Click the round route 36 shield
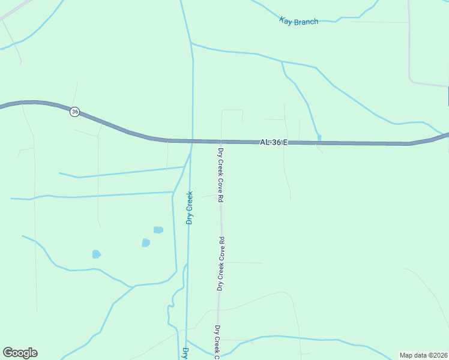pos(74,112)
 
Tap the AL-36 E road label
pos(274,143)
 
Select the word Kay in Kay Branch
pos(286,20)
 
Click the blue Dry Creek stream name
pos(190,208)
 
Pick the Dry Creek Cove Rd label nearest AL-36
pos(221,175)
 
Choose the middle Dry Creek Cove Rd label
pos(221,264)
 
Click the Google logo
pos(20,353)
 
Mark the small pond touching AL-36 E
pos(319,138)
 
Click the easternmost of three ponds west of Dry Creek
pos(158,230)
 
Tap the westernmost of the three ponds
pos(96,254)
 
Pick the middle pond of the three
pos(145,242)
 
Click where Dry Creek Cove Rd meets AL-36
pos(221,142)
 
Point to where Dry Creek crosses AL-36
pos(192,142)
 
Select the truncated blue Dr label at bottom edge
pos(185,353)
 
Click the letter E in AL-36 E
pos(285,143)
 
